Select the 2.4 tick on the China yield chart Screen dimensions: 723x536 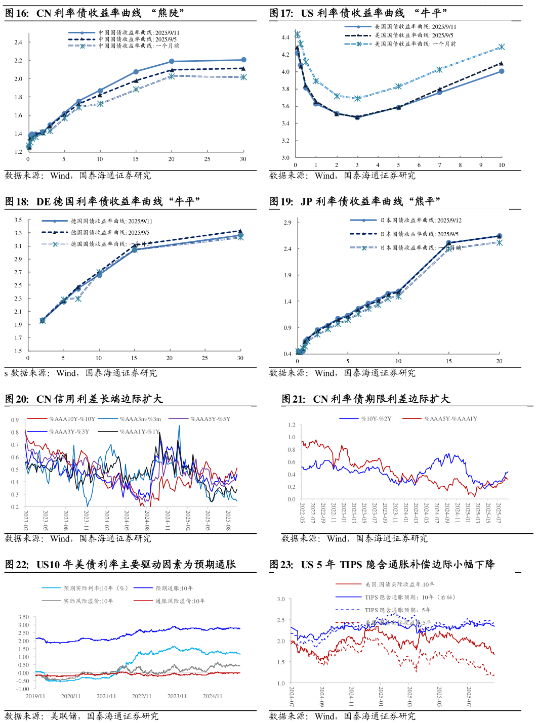tap(18, 42)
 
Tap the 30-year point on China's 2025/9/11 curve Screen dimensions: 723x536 tap(243, 60)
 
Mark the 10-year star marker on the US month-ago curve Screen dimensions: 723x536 tap(502, 47)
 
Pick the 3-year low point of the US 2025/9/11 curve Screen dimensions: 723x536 tap(357, 117)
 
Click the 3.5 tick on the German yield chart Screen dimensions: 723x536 tap(18, 220)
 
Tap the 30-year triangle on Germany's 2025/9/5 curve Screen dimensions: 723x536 tap(240, 231)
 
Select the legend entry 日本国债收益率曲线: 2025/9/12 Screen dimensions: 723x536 tap(421, 221)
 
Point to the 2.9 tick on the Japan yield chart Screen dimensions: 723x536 tap(287, 223)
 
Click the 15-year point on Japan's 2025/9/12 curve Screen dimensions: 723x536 tap(448, 243)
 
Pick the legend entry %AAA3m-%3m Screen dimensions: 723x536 tap(140, 419)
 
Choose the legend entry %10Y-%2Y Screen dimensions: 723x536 tap(376, 419)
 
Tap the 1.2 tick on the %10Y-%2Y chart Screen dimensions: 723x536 tap(292, 425)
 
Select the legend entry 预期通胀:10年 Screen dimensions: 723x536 tap(174, 588)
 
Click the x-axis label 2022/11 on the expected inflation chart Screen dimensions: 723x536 tap(142, 696)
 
